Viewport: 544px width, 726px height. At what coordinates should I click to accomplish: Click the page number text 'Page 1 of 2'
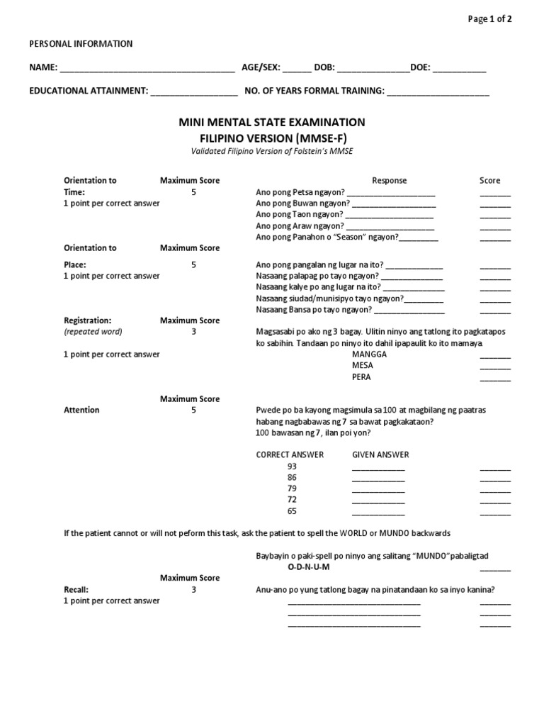490,19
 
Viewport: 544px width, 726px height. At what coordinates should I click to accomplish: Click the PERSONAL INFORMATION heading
80,44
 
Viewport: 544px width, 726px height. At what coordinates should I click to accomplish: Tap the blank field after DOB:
373,69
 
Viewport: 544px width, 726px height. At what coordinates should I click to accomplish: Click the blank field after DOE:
459,69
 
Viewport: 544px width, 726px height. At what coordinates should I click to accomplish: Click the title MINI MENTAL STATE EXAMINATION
272,123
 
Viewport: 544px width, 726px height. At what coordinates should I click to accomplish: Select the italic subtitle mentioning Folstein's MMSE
272,151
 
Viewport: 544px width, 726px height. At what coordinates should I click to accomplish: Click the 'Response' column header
390,181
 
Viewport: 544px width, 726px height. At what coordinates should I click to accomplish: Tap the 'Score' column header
489,181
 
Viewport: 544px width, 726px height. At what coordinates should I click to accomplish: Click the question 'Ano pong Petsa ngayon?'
300,192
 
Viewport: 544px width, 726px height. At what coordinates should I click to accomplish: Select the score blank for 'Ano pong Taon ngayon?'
495,216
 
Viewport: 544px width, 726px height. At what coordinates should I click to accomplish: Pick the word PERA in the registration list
361,377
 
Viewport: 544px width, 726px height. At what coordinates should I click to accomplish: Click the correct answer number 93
292,467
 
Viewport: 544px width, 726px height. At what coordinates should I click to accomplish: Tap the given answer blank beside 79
378,490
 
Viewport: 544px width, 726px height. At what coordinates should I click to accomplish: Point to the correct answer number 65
292,511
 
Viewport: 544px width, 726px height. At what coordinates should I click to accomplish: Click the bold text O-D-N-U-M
308,568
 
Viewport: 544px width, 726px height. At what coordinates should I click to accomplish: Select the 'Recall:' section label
76,590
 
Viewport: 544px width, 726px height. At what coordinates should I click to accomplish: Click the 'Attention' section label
81,411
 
